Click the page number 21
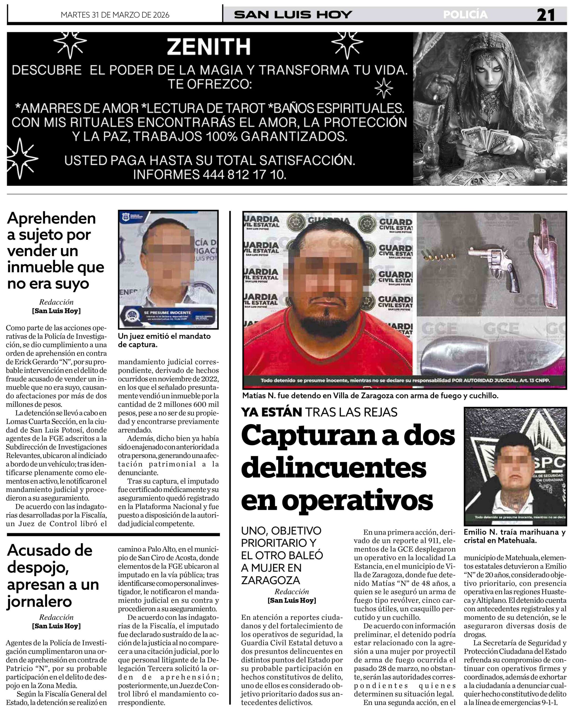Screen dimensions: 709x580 tap(545, 15)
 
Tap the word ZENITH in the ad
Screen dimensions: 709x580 tap(209, 47)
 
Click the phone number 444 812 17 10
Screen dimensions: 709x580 tap(244, 174)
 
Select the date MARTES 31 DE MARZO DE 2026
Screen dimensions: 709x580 tap(115, 15)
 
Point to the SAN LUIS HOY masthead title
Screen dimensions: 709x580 tap(293, 15)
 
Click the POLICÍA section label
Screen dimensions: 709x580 tap(465, 15)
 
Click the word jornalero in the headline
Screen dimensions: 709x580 tap(39, 602)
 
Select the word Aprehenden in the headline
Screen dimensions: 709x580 tap(52, 219)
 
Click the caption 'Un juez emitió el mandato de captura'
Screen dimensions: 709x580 tap(164, 340)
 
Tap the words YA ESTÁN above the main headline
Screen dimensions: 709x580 tap(271, 412)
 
